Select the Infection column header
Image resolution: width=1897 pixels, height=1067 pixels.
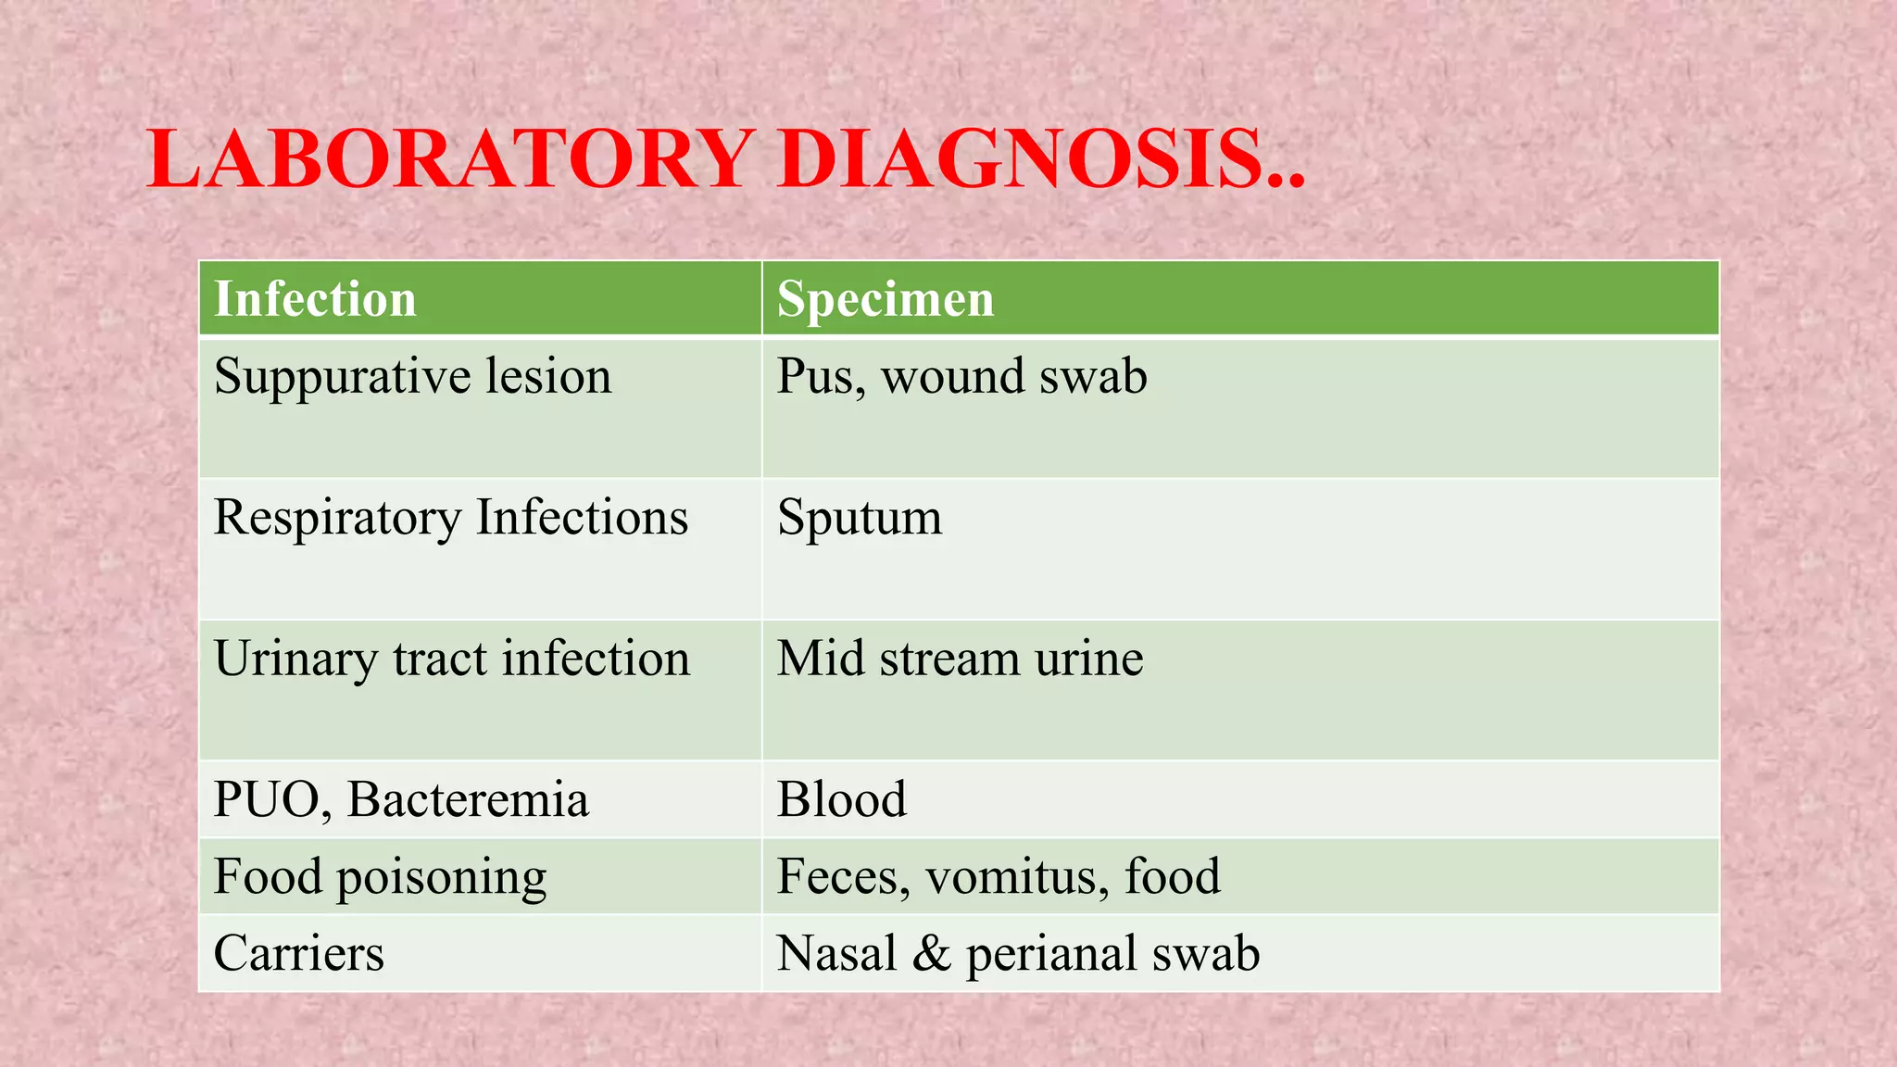(x=315, y=299)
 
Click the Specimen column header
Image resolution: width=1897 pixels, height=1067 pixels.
(x=885, y=299)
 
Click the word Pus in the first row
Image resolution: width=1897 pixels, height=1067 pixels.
(x=814, y=377)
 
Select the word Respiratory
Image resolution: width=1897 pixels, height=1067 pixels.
(x=337, y=519)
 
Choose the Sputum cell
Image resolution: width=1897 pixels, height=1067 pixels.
(x=859, y=519)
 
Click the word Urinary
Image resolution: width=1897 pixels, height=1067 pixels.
(x=295, y=660)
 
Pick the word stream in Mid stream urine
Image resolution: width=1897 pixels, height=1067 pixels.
(x=949, y=659)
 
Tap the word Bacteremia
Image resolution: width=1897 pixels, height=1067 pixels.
(x=468, y=800)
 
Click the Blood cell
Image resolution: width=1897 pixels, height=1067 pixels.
(x=841, y=800)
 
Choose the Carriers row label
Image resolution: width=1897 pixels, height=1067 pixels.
(x=298, y=954)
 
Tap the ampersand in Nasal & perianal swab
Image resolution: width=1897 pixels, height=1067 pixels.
(x=931, y=954)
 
